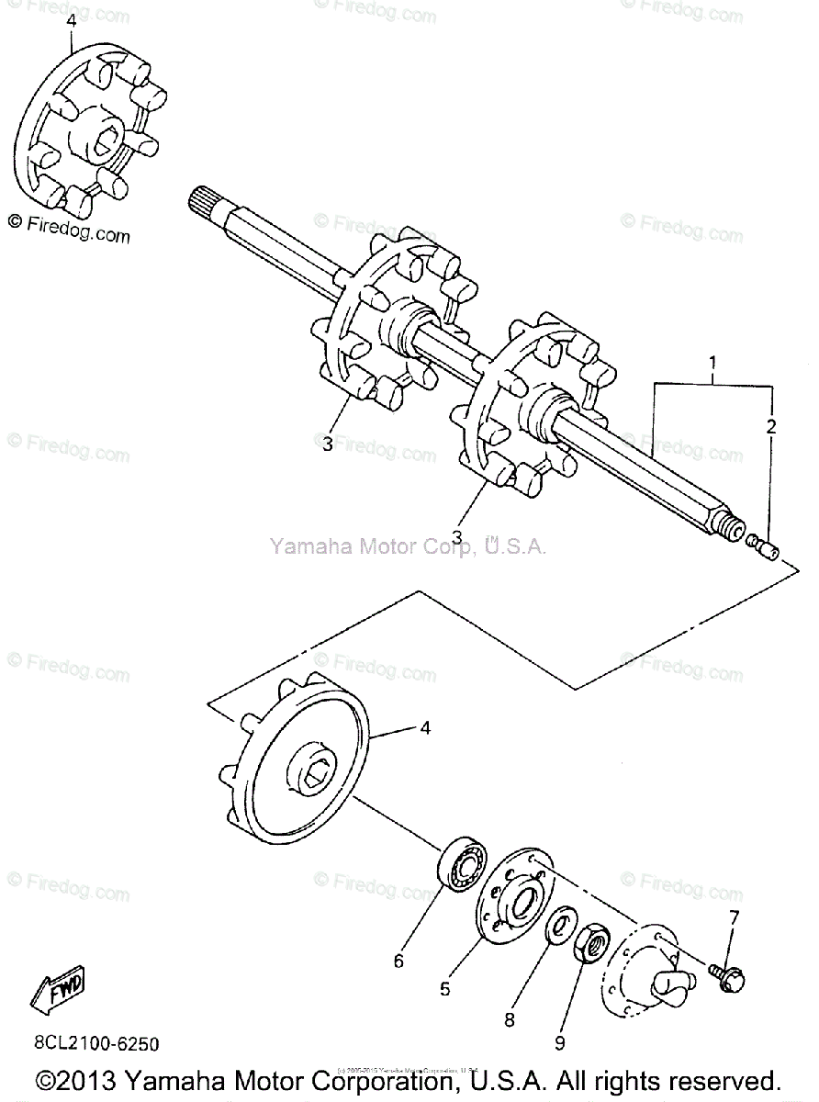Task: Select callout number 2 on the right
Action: click(771, 426)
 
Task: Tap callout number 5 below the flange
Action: click(445, 989)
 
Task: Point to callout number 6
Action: click(398, 961)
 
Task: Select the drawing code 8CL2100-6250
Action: click(96, 1044)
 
